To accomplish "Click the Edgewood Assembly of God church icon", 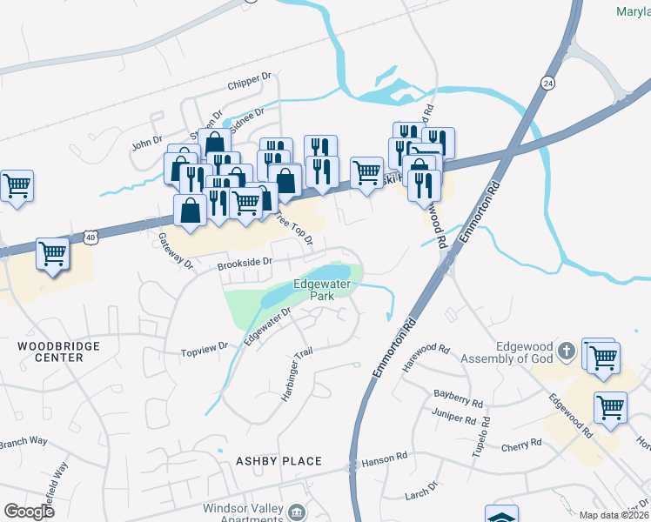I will point(567,351).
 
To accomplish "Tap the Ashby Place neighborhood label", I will point(278,461).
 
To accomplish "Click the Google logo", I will point(30,512).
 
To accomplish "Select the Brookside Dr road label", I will point(245,261).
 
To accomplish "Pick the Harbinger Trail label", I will point(296,378).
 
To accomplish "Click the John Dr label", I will point(146,140).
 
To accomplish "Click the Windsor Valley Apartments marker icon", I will point(298,511).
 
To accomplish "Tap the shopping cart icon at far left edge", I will point(17,186).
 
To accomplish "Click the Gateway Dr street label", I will point(174,247).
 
